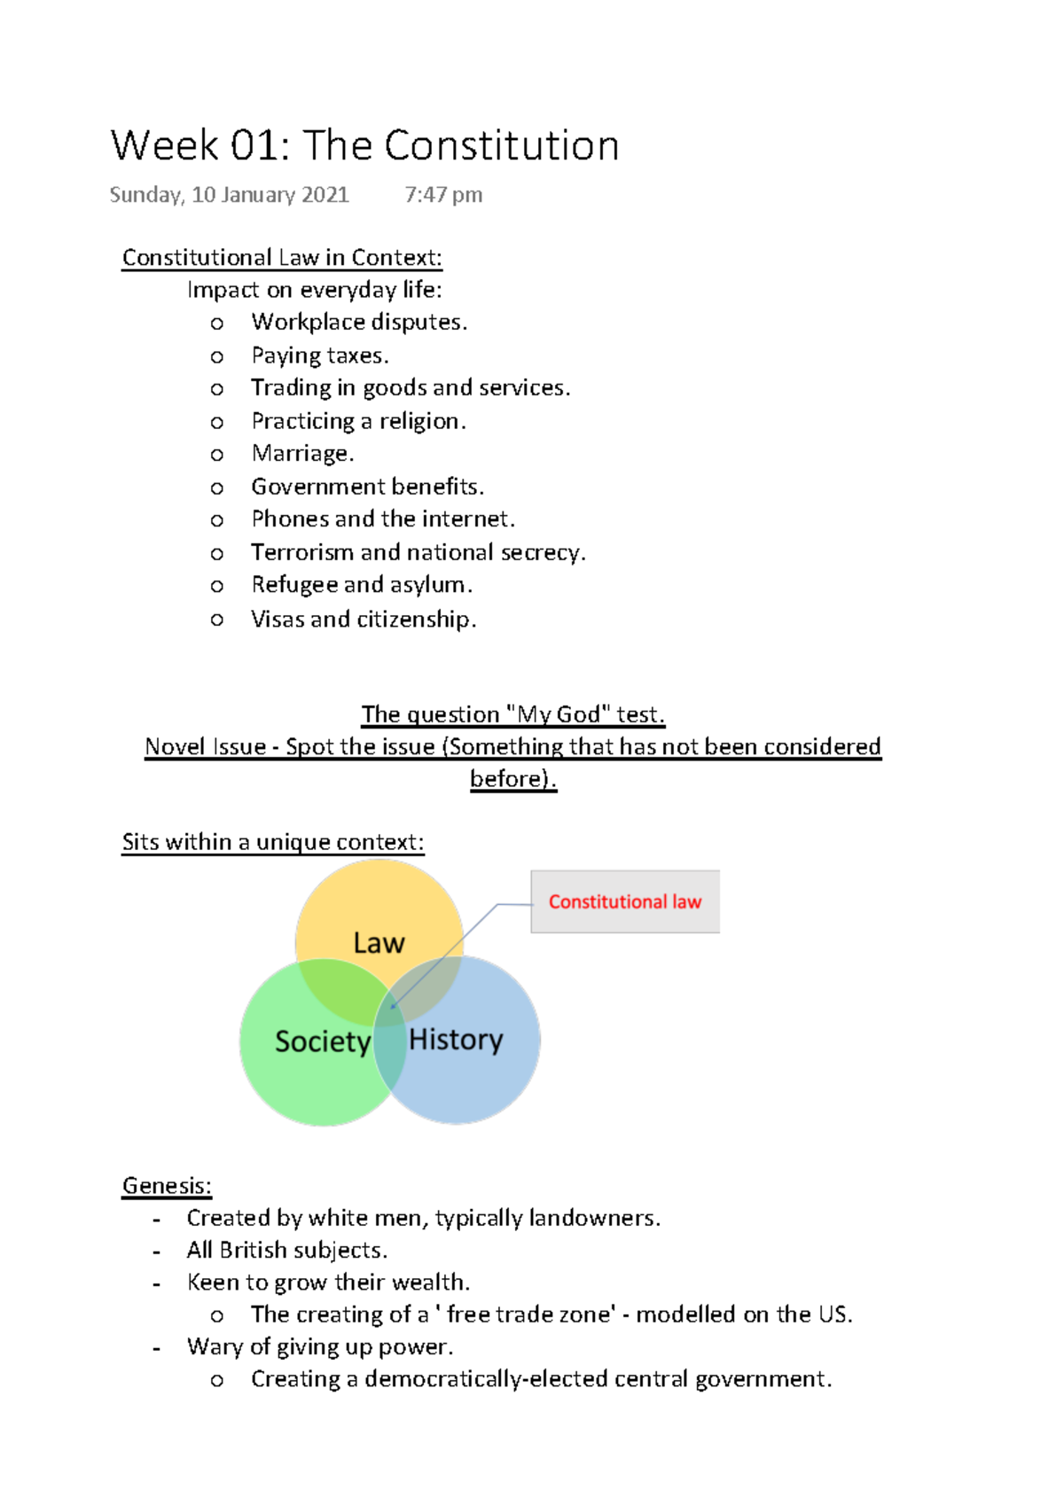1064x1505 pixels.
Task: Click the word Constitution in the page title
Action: [x=501, y=146]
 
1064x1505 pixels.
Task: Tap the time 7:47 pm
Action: [x=443, y=195]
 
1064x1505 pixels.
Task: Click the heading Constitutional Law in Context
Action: [x=282, y=258]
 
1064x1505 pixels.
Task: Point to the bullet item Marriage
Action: [x=302, y=454]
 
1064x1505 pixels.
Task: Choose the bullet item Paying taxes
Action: [x=319, y=355]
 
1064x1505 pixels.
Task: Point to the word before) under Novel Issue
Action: [x=512, y=778]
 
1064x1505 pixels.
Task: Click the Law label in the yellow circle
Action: [x=379, y=943]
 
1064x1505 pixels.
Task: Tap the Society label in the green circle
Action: [x=322, y=1041]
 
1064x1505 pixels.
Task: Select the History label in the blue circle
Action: [x=456, y=1039]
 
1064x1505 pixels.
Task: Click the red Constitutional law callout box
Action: [x=624, y=901]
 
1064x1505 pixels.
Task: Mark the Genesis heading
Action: [x=167, y=1186]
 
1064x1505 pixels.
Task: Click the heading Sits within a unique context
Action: [x=273, y=842]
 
